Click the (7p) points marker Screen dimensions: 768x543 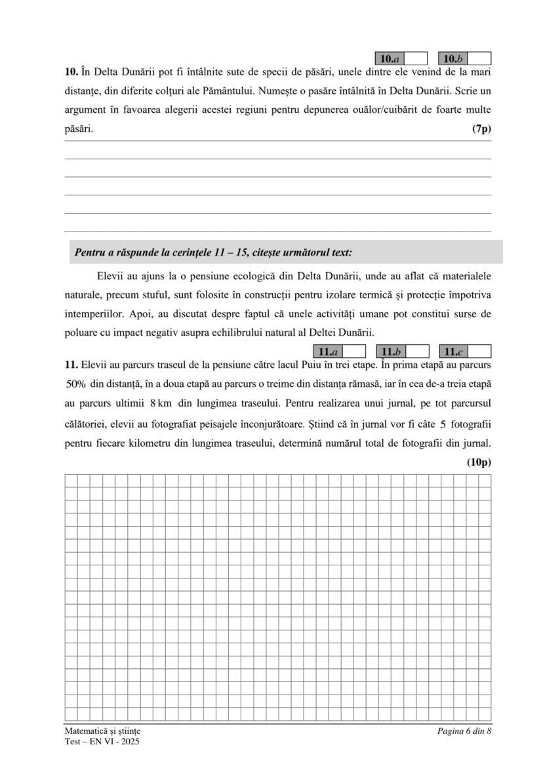click(481, 129)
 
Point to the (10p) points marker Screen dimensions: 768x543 click(479, 462)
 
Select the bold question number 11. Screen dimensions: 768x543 click(71, 364)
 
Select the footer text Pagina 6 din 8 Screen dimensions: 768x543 click(464, 731)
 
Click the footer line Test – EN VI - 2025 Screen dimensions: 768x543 click(102, 742)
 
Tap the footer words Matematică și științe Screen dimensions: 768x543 click(102, 731)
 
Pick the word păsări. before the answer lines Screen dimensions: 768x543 click(79, 129)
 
